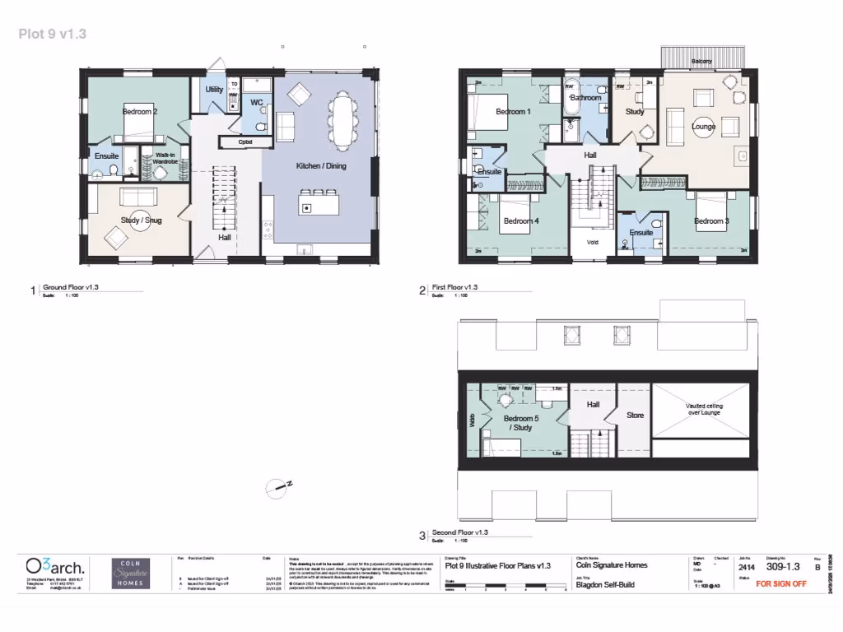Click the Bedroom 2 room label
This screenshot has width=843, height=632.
click(140, 111)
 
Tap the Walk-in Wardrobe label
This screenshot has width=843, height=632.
click(165, 159)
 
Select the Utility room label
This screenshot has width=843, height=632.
click(215, 89)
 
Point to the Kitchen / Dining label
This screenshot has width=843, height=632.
click(321, 166)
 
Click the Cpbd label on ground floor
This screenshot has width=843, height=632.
click(245, 142)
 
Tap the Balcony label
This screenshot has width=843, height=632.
click(701, 62)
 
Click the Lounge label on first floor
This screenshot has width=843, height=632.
click(704, 127)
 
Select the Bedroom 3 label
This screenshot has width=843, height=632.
click(711, 221)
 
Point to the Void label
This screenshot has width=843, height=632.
click(593, 243)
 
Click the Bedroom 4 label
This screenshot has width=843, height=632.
click(521, 221)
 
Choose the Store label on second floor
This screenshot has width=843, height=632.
click(635, 416)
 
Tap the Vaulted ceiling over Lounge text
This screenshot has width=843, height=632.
click(704, 409)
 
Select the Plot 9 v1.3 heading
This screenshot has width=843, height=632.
click(53, 34)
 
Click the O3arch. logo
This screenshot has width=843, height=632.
click(54, 567)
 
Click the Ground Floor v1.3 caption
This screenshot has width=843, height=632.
click(77, 287)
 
